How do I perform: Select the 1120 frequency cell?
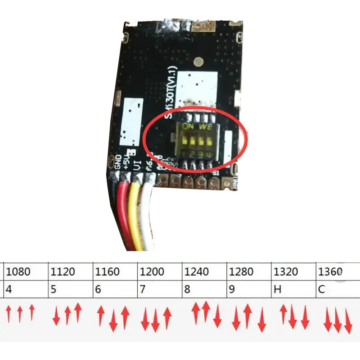70,272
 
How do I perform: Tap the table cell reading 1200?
160,272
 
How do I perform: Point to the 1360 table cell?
337,272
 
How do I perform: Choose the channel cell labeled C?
337,289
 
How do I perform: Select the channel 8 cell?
205,289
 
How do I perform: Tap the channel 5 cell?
70,289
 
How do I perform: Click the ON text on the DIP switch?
188,127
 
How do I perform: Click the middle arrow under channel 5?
67,315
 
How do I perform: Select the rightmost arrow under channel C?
348,321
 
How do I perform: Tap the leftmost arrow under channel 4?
9,314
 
